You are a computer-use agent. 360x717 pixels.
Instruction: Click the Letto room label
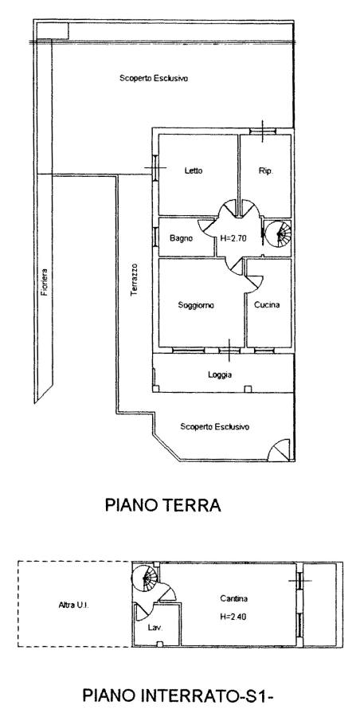pos(193,171)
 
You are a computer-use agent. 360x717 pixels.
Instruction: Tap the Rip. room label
pos(266,171)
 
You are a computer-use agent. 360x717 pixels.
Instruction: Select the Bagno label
pos(181,237)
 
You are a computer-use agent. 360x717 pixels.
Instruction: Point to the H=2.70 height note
pos(233,237)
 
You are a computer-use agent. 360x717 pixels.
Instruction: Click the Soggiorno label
pos(196,305)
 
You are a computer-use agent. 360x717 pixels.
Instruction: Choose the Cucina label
pos(267,305)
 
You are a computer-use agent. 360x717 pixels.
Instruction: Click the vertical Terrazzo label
pos(135,280)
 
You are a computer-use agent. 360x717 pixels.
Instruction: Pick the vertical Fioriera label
pos(44,282)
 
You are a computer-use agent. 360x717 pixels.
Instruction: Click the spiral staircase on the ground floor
pos(278,233)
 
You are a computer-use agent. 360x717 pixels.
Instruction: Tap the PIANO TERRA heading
pos(163,505)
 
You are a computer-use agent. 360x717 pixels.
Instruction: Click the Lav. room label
pos(155,628)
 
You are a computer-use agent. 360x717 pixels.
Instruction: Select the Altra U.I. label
pos(73,605)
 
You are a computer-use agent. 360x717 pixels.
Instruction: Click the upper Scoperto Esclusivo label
pos(154,78)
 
